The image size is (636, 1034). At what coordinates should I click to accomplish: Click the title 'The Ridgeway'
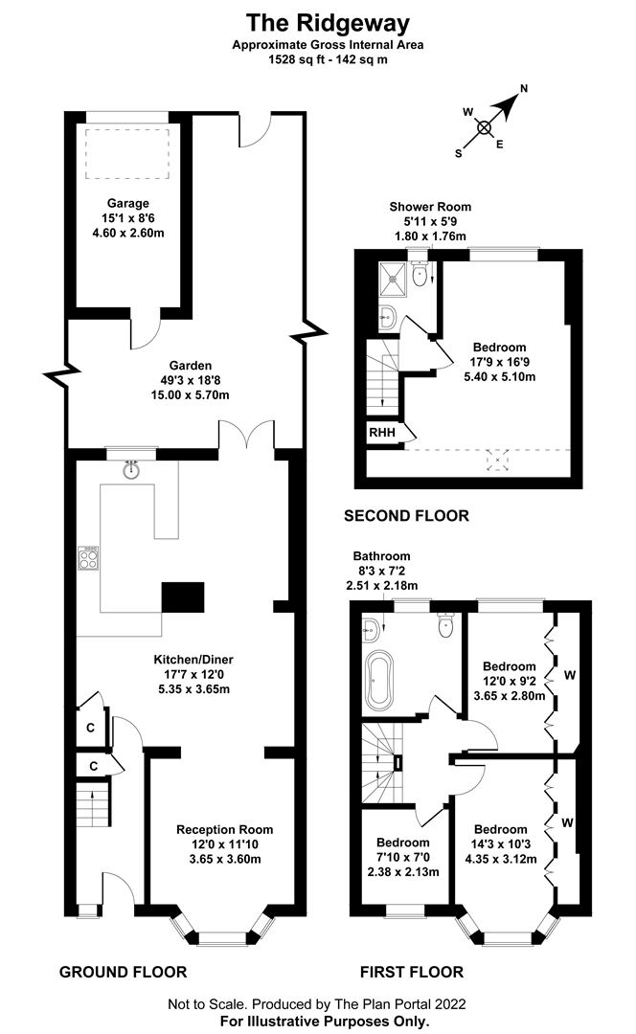tap(328, 23)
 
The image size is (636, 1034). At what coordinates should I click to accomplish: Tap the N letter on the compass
tap(524, 88)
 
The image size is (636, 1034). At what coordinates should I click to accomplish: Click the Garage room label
tap(128, 203)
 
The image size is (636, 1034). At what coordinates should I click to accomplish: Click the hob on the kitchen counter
tap(88, 558)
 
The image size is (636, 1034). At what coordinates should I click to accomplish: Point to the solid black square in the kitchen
tap(183, 597)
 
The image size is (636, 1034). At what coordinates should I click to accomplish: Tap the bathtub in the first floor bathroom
tap(378, 677)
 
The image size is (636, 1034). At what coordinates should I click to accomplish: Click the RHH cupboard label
tap(382, 433)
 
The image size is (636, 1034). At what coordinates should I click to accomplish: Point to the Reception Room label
tap(224, 829)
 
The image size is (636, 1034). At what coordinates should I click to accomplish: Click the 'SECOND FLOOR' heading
tap(406, 516)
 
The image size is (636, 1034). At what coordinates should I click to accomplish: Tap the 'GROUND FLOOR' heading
tap(124, 972)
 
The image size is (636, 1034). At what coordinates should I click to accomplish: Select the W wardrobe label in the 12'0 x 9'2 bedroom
tap(570, 675)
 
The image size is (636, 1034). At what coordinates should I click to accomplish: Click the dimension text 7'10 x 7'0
tap(403, 857)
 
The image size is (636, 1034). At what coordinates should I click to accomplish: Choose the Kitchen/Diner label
tap(193, 660)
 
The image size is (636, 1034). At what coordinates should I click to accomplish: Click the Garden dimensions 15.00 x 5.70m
tap(190, 395)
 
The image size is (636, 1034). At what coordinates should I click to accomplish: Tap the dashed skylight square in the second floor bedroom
tap(498, 460)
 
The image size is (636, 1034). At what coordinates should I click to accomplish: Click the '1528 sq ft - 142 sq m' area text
tap(328, 59)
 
